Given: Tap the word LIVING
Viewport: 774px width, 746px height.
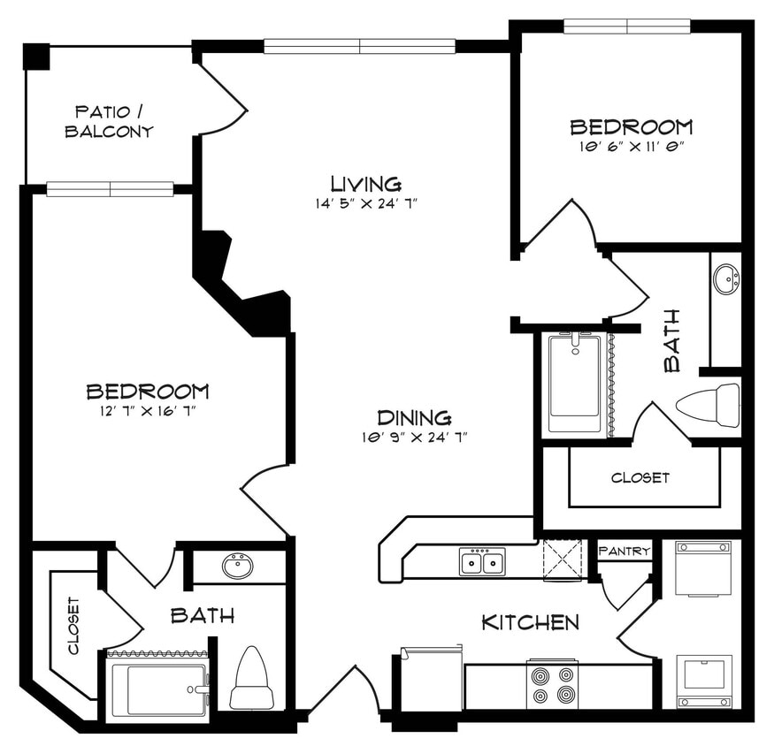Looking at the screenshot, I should pos(365,184).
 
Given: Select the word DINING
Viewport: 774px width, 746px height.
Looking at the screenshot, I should pos(414,418).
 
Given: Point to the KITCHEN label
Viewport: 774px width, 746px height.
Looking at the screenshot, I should pos(530,622).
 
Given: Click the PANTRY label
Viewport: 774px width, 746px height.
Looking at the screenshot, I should pos(625,552).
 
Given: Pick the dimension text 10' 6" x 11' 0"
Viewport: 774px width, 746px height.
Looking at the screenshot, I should pos(630,146).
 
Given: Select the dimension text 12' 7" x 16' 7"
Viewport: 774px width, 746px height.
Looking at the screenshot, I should pos(147,410).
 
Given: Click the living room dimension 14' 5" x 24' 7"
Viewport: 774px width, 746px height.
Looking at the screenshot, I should pos(365,203).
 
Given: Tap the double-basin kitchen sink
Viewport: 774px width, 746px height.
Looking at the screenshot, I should pos(482,561).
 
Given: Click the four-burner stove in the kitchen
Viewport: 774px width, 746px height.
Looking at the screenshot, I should pos(552,684).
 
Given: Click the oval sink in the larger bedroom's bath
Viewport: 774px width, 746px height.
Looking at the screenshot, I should pos(237,566).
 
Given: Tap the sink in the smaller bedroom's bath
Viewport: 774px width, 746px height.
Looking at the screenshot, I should pos(726,280).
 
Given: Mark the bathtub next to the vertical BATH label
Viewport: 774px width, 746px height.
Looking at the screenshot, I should pos(574,383).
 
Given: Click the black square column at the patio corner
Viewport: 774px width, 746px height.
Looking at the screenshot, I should pos(36,57).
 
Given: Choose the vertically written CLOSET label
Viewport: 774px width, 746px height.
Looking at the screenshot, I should pos(73,625).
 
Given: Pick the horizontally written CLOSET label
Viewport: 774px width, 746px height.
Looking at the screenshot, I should pos(640,477).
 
